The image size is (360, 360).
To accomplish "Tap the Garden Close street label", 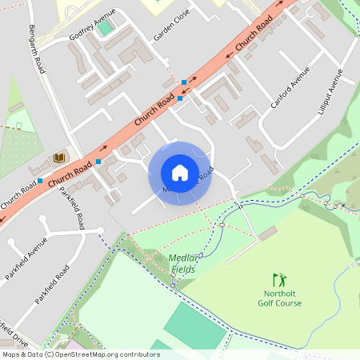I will [x=171, y=30].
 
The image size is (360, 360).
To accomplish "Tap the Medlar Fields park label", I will [x=186, y=263].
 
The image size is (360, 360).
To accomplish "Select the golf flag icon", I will [x=278, y=280].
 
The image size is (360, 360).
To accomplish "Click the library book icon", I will [x=58, y=158].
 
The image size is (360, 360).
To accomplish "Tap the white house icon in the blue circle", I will [x=180, y=173].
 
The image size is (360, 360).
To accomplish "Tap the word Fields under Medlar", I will [x=184, y=270].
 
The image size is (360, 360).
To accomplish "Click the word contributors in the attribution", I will [x=138, y=354].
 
